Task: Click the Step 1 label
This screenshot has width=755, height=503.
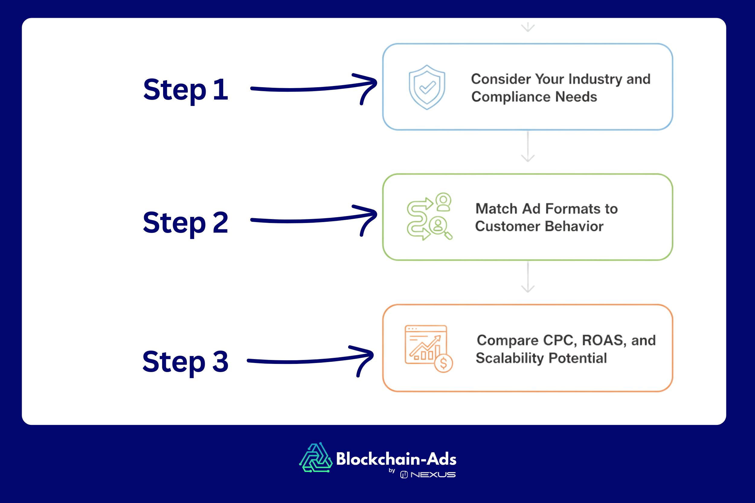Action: [x=185, y=90]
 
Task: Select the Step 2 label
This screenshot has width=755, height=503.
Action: [x=185, y=223]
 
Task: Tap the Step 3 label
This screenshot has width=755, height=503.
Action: [x=185, y=362]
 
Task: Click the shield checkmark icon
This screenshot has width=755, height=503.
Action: [x=427, y=87]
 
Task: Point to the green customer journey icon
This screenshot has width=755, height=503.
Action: [x=429, y=217]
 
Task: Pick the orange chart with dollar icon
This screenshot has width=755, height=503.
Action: [x=428, y=349]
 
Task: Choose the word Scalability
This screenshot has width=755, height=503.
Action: [x=510, y=358]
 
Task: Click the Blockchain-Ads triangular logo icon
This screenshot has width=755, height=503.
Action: [x=316, y=458]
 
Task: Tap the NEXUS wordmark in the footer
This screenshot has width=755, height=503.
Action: [x=433, y=475]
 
